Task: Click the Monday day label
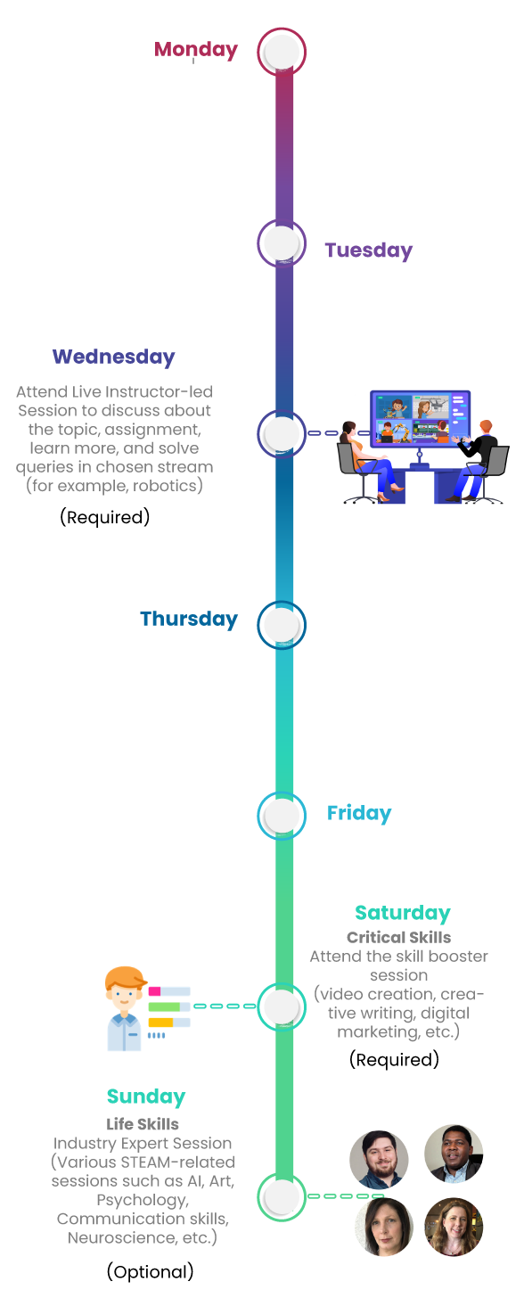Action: click(x=196, y=50)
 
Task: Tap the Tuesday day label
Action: click(x=368, y=251)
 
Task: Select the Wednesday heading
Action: click(x=114, y=357)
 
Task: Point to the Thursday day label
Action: click(x=189, y=620)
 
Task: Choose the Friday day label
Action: click(x=359, y=813)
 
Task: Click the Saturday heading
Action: click(x=403, y=913)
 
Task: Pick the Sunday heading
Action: click(x=146, y=1097)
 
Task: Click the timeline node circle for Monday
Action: click(x=282, y=52)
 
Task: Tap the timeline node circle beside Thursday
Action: click(x=282, y=625)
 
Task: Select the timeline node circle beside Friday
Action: click(x=282, y=816)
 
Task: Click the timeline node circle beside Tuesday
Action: click(x=282, y=243)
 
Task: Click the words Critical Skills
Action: click(x=398, y=938)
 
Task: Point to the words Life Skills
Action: click(x=143, y=1124)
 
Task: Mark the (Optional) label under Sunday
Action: click(x=150, y=1271)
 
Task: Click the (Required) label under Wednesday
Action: click(x=105, y=516)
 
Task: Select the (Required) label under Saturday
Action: click(x=394, y=1059)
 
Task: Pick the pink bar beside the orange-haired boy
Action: click(x=154, y=991)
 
